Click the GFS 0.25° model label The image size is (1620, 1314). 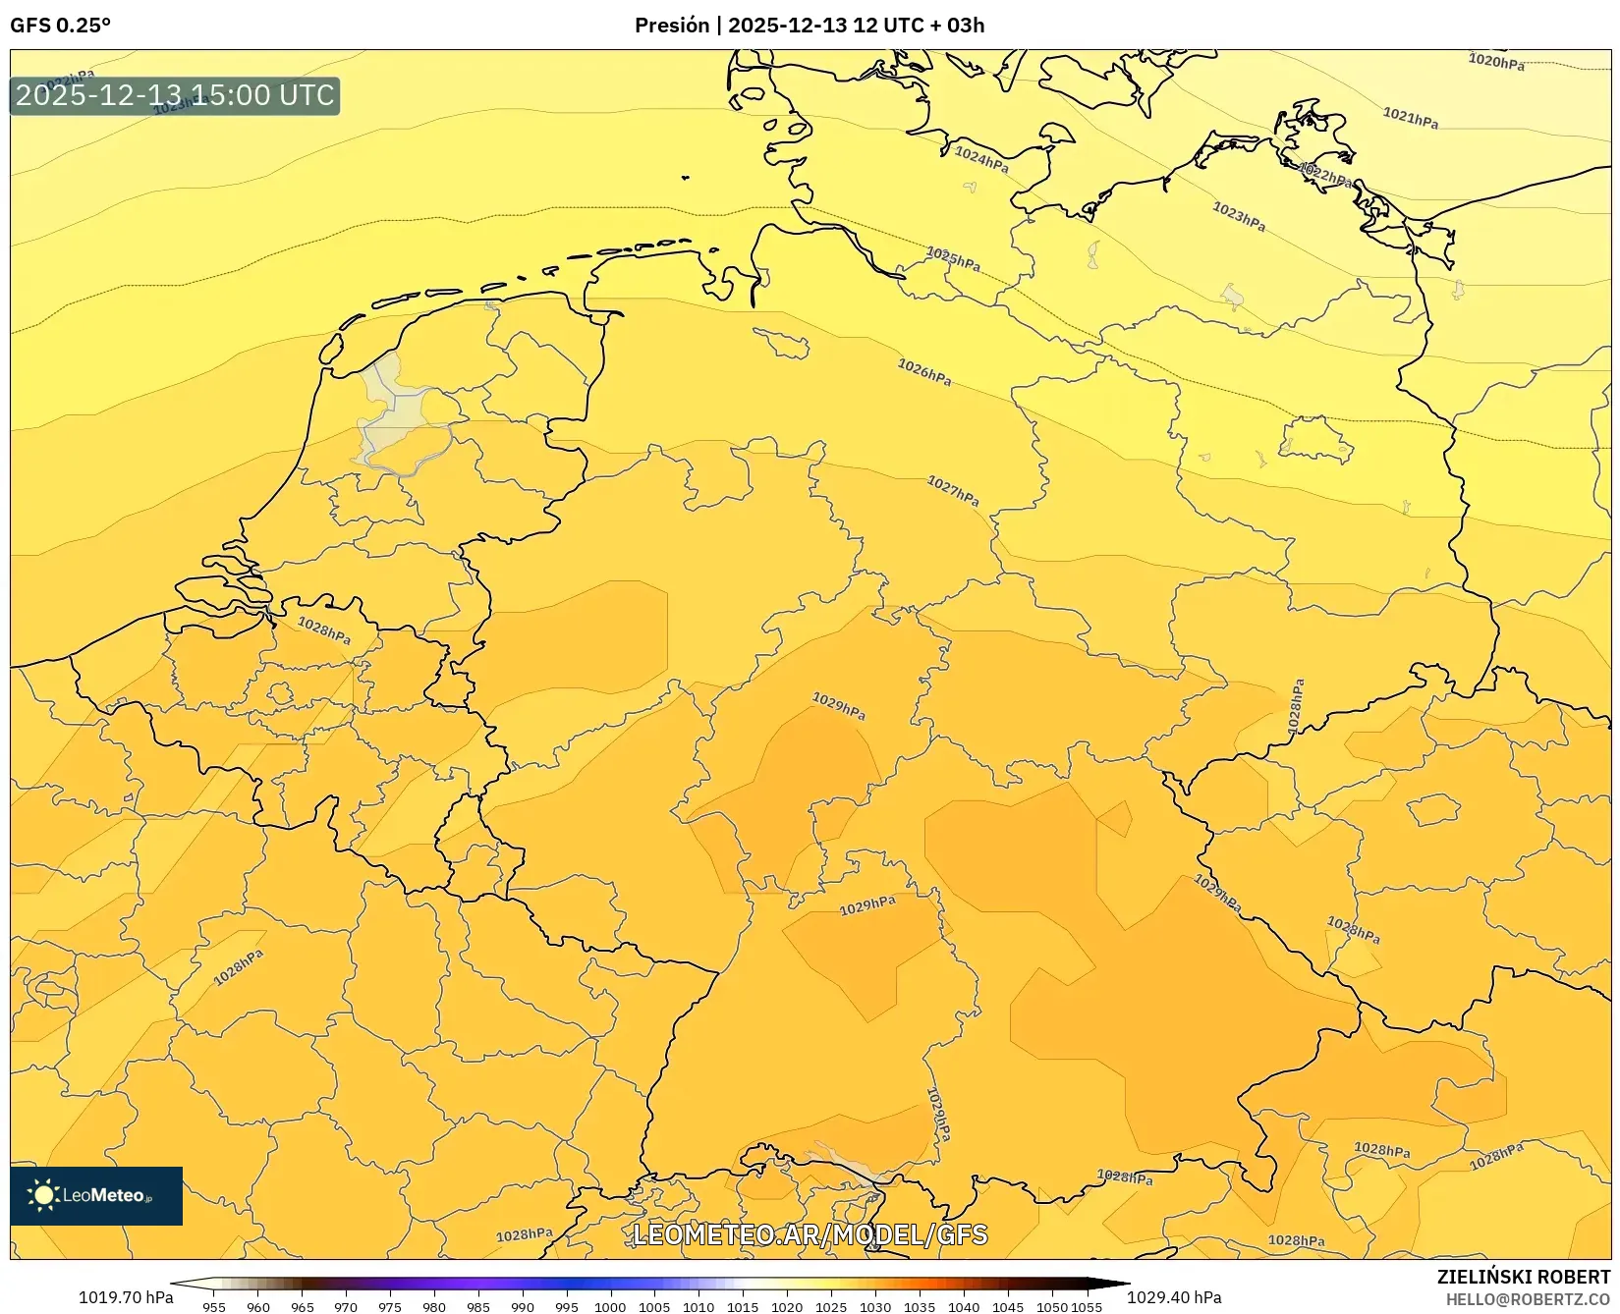click(60, 26)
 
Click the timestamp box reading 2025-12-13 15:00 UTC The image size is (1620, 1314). click(175, 95)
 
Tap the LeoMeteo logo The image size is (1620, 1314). click(96, 1195)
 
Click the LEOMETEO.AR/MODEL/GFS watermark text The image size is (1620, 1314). click(810, 1234)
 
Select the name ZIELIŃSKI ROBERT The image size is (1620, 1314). click(1524, 1277)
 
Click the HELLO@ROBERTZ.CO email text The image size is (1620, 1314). click(1528, 1298)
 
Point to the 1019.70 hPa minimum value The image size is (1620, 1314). click(125, 1297)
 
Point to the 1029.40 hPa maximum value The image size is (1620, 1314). click(1174, 1297)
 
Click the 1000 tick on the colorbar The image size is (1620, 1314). click(610, 1306)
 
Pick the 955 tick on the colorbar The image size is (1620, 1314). click(214, 1306)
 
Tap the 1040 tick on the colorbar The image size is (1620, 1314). click(964, 1306)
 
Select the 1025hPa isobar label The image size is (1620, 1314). click(953, 259)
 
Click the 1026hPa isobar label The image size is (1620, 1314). click(924, 372)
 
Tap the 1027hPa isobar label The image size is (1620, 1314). click(953, 491)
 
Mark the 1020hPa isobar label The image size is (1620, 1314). click(1496, 61)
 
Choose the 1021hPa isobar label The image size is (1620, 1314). click(1411, 118)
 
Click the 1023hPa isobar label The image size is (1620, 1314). click(1239, 216)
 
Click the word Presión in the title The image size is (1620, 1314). click(672, 26)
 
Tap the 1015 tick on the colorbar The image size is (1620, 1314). click(743, 1306)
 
